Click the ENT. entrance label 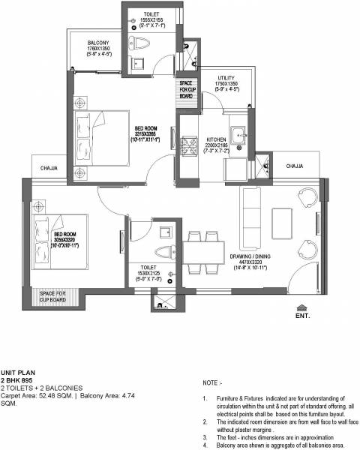(303, 316)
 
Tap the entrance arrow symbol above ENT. (302, 307)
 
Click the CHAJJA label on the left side (50, 168)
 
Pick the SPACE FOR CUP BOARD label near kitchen (187, 88)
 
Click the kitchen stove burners (186, 143)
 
